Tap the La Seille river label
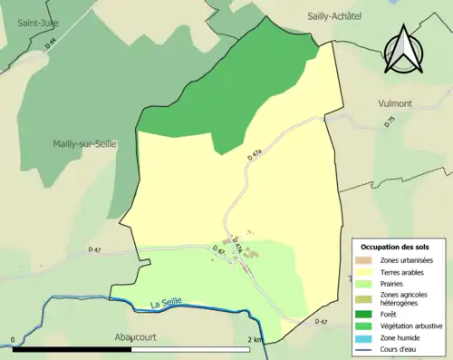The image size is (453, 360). (170, 303)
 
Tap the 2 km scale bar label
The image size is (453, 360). (257, 340)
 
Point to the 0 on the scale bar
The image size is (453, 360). (13, 340)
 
